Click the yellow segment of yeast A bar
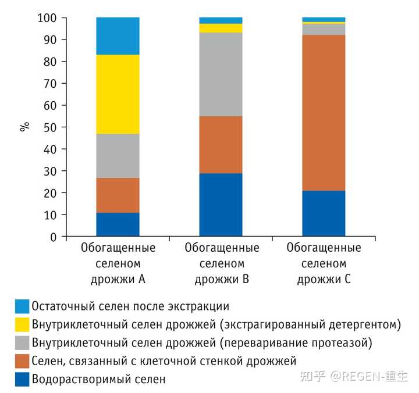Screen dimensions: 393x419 [x=118, y=94]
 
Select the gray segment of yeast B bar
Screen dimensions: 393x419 [x=221, y=74]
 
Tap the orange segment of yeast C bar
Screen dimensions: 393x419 [x=324, y=113]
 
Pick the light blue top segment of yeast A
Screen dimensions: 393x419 [x=118, y=36]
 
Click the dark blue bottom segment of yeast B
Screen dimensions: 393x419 [x=221, y=205]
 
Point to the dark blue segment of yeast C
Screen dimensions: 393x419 [x=324, y=213]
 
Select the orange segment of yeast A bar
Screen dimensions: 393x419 [x=118, y=195]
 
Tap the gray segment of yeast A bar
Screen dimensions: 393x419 [x=118, y=156]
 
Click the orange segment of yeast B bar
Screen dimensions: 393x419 [x=221, y=145]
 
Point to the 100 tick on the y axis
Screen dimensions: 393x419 [x=49, y=18]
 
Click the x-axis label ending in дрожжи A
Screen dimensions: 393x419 [x=118, y=263]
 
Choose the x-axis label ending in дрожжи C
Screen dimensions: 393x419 [x=324, y=263]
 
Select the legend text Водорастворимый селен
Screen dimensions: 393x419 [x=99, y=379]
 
